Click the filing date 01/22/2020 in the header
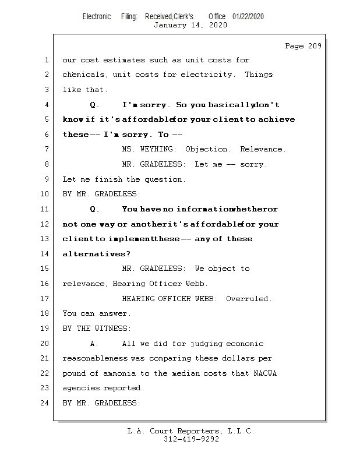pyautogui.click(x=248, y=17)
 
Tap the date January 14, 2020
pyautogui.click(x=190, y=25)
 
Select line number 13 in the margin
pyautogui.click(x=45, y=239)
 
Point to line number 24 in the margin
pyautogui.click(x=45, y=403)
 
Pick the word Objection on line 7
pyautogui.click(x=207, y=149)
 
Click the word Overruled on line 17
pyautogui.click(x=249, y=299)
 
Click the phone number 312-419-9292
pyautogui.click(x=190, y=439)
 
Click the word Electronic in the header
pyautogui.click(x=97, y=17)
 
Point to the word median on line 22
pyautogui.click(x=210, y=373)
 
